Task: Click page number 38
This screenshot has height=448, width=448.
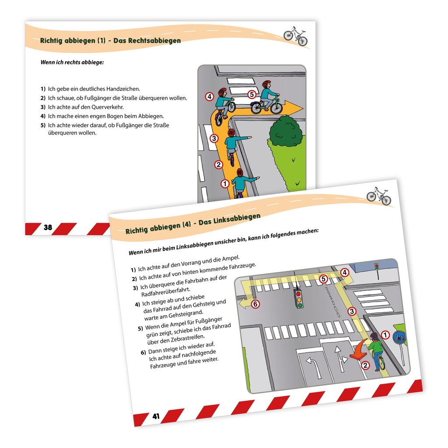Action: [x=48, y=227]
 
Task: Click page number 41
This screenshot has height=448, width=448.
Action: [x=156, y=416]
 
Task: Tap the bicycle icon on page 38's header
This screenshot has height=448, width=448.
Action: [x=295, y=35]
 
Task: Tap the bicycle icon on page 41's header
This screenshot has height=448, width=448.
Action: [x=378, y=196]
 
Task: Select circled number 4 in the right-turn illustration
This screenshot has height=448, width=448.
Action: [x=210, y=96]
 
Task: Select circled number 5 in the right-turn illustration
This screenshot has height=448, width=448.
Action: [x=251, y=94]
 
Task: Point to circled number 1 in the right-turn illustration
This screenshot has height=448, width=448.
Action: [x=225, y=184]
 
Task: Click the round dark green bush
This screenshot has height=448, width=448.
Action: [x=285, y=131]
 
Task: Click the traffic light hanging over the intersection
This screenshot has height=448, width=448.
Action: [x=299, y=298]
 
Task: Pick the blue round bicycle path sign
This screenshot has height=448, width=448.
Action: [x=399, y=337]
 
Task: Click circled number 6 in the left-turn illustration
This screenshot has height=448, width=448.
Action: [x=255, y=304]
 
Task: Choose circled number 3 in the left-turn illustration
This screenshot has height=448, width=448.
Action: [x=351, y=311]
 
